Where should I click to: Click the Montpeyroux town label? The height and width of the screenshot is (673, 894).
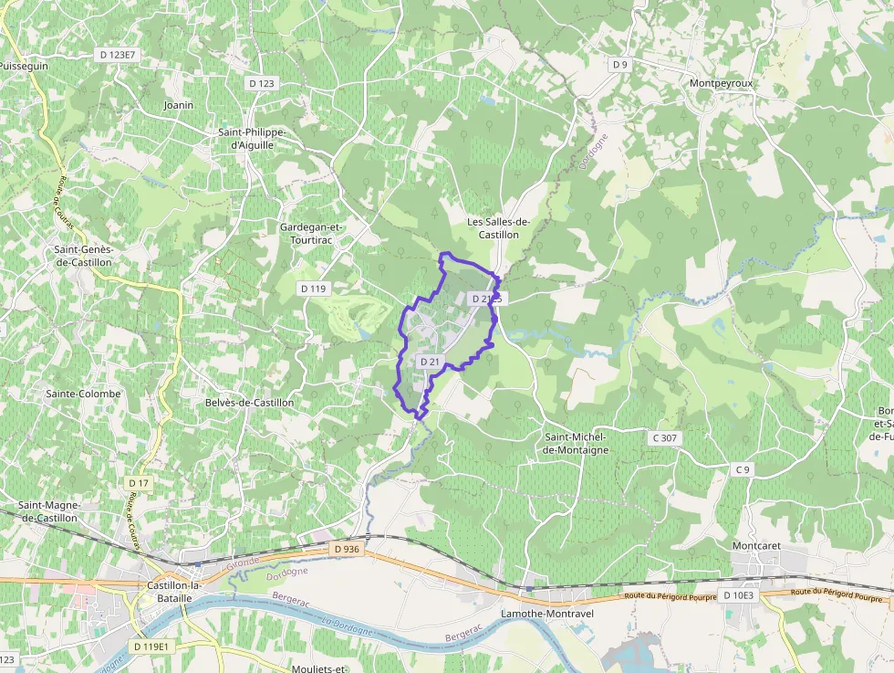(722, 83)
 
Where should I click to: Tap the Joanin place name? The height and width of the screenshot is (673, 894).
(179, 105)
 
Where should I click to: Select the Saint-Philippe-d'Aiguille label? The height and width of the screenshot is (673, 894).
(252, 138)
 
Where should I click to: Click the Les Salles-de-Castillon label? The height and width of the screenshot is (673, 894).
(498, 227)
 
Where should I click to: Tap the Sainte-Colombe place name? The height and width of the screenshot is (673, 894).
(83, 394)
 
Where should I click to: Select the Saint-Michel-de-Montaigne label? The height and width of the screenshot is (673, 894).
(575, 443)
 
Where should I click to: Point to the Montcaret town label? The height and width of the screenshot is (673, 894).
(757, 546)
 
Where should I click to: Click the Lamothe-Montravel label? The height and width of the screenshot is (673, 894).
(547, 614)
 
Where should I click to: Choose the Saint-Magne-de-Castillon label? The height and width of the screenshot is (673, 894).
(50, 511)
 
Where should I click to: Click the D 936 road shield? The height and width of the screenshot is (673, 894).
(348, 549)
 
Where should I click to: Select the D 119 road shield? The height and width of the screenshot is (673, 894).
(313, 289)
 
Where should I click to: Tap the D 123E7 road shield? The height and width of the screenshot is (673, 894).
(117, 55)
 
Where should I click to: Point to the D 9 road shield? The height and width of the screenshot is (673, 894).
(620, 64)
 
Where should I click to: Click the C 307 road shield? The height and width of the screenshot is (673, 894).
(665, 438)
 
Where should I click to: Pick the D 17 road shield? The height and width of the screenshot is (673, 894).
(139, 482)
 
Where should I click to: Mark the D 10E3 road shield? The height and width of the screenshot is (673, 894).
(738, 595)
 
